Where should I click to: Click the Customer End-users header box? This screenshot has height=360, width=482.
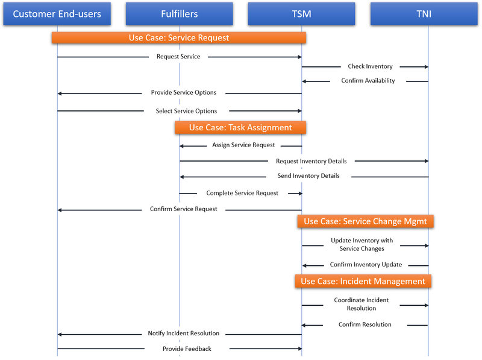click(x=57, y=14)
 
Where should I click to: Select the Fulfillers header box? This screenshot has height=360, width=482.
click(x=179, y=14)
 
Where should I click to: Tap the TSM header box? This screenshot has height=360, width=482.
click(x=301, y=14)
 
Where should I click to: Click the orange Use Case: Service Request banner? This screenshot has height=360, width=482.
click(x=179, y=37)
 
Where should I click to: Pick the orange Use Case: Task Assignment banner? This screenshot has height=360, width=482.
click(x=240, y=127)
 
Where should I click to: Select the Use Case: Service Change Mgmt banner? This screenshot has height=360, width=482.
click(x=365, y=221)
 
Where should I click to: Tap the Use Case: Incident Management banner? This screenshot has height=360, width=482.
click(x=363, y=281)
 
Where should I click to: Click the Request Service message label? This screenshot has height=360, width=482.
click(x=178, y=57)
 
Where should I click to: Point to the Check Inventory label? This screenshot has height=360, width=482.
click(x=370, y=66)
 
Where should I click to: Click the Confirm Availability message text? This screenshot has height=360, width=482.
click(x=368, y=81)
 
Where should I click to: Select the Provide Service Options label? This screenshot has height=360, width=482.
click(x=183, y=93)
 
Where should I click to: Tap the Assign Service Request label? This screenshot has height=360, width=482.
click(x=243, y=145)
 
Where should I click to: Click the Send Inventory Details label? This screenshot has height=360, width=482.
click(x=308, y=176)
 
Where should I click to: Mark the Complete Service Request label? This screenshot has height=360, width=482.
click(x=242, y=193)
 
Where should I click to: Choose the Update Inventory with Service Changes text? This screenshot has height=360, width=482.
click(x=361, y=245)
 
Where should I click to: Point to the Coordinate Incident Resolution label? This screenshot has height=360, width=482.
click(x=361, y=304)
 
